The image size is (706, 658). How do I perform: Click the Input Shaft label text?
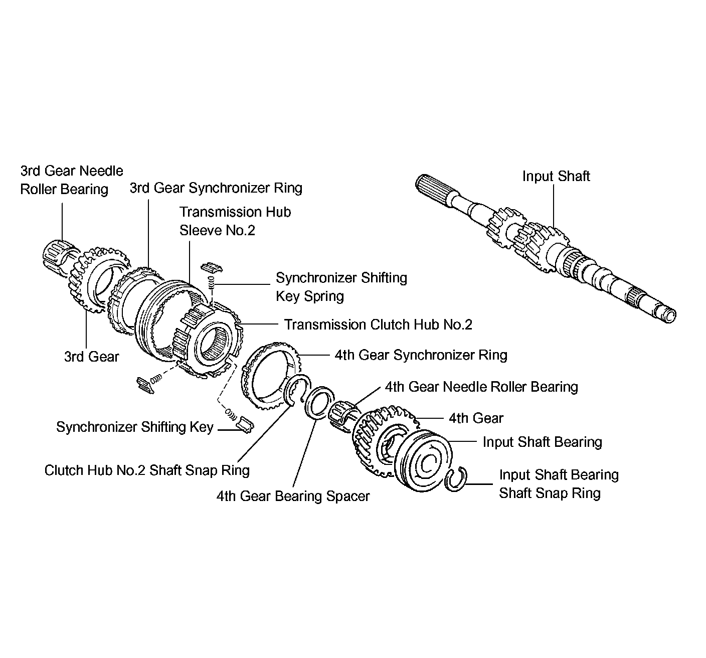pyautogui.click(x=556, y=177)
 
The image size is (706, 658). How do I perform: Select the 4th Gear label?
pyautogui.click(x=476, y=418)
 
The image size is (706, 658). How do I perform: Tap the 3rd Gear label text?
pyautogui.click(x=91, y=357)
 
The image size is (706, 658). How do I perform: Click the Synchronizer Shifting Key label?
pyautogui.click(x=135, y=427)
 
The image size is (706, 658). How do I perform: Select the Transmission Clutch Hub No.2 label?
pyautogui.click(x=378, y=324)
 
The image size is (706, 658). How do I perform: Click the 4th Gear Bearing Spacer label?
pyautogui.click(x=293, y=496)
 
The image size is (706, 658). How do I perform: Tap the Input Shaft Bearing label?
pyautogui.click(x=542, y=442)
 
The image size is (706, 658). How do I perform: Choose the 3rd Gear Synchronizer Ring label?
pyautogui.click(x=216, y=188)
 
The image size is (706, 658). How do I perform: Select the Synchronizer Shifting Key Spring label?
pyautogui.click(x=341, y=287)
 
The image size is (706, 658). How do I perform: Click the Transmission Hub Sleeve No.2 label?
pyautogui.click(x=235, y=221)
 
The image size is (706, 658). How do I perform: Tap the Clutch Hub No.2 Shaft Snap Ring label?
pyautogui.click(x=147, y=470)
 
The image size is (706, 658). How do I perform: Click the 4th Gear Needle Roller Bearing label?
pyautogui.click(x=481, y=387)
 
